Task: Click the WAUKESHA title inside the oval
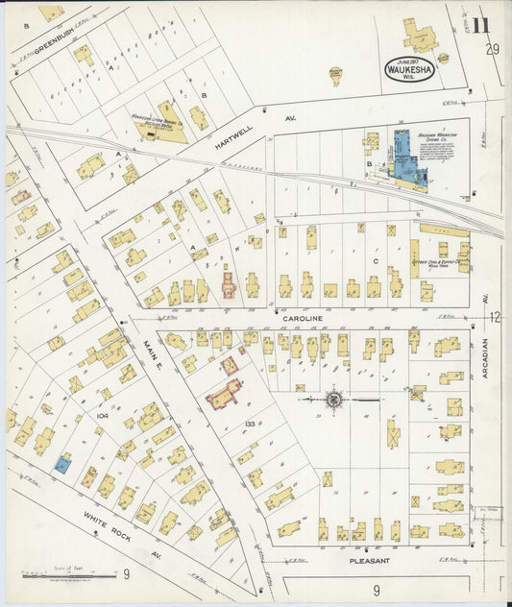[410, 70]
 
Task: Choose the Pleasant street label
[369, 560]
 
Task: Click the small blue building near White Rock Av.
[61, 465]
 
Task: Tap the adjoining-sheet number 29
[492, 50]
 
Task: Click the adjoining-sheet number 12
[494, 317]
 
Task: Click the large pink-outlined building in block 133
[223, 394]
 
